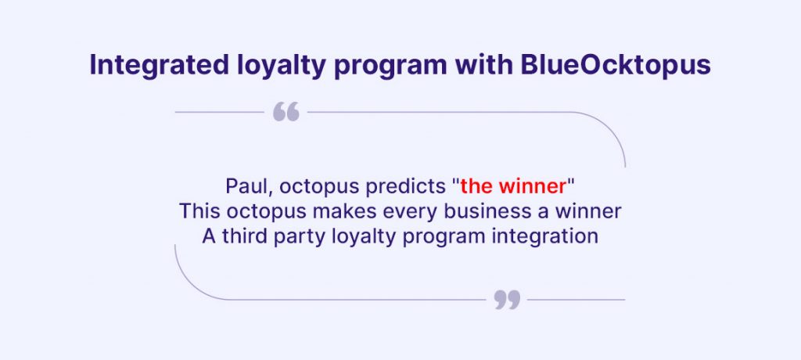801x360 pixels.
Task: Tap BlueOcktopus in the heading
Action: [x=616, y=66]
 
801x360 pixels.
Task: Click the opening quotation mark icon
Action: [x=286, y=111]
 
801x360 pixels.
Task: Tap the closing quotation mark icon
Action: [x=507, y=300]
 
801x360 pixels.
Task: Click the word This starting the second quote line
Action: [x=199, y=211]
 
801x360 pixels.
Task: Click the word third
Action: [x=244, y=236]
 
